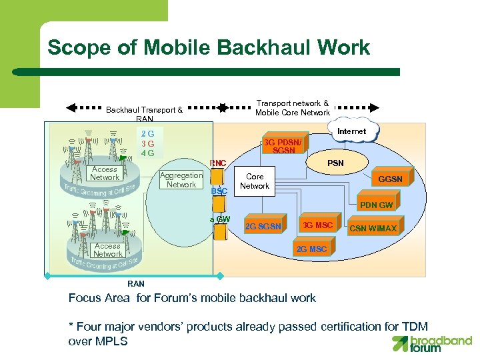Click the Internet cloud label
(x=351, y=131)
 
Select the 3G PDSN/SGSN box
(x=283, y=147)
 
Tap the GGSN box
(x=391, y=179)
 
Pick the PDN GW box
(x=376, y=205)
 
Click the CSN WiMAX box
(x=373, y=229)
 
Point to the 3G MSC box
(x=317, y=225)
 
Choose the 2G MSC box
(x=311, y=249)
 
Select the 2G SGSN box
(x=264, y=227)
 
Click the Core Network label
(x=255, y=181)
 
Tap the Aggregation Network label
(x=181, y=180)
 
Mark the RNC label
(x=218, y=163)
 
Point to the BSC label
(x=219, y=191)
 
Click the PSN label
(x=335, y=163)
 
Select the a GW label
(x=220, y=219)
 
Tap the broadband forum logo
(x=431, y=343)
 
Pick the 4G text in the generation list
(x=148, y=153)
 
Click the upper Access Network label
(x=105, y=173)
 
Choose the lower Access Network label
(x=108, y=250)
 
